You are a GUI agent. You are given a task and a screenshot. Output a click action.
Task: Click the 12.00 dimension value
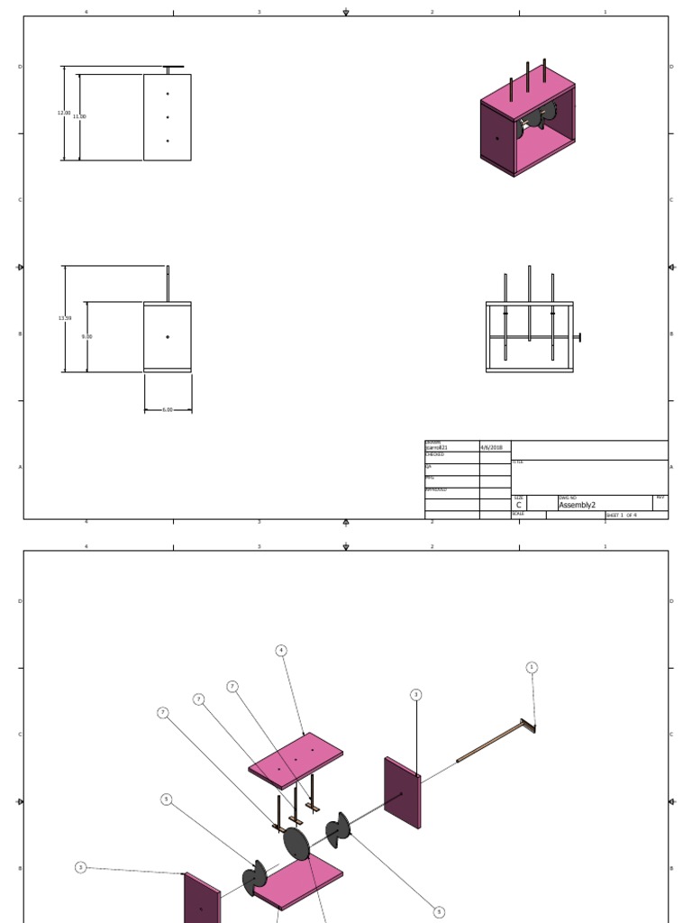pyautogui.click(x=63, y=113)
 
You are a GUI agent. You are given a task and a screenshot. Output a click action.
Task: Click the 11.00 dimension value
pyautogui.click(x=78, y=116)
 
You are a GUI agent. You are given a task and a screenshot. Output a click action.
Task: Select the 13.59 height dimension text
pyautogui.click(x=63, y=318)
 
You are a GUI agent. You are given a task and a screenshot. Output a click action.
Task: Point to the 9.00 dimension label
pyautogui.click(x=86, y=336)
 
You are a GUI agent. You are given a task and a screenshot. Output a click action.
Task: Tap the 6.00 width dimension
pyautogui.click(x=168, y=409)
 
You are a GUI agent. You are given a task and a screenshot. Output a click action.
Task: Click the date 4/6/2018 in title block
pyautogui.click(x=492, y=447)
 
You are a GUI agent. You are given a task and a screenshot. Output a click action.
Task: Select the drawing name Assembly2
pyautogui.click(x=578, y=505)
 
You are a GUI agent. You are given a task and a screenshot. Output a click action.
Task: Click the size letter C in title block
pyautogui.click(x=519, y=506)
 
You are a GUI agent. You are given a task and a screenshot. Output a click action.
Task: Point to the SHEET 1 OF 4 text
pyautogui.click(x=622, y=515)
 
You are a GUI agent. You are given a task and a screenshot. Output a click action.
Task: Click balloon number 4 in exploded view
pyautogui.click(x=281, y=650)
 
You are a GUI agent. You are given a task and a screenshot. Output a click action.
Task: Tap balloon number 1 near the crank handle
pyautogui.click(x=532, y=668)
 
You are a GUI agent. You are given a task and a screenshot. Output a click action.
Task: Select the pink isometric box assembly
pyautogui.click(x=527, y=122)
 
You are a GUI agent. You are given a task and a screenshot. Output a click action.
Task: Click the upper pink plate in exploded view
pyautogui.click(x=296, y=759)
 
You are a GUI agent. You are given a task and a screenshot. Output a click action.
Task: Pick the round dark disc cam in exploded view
pyautogui.click(x=296, y=845)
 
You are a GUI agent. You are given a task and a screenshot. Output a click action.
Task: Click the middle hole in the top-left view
pyautogui.click(x=168, y=117)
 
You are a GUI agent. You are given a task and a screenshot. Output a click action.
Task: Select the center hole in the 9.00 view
pyautogui.click(x=168, y=337)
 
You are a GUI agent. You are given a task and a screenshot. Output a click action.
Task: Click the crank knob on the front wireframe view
pyautogui.click(x=578, y=337)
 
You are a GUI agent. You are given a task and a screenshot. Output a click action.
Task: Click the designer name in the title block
pyautogui.click(x=437, y=447)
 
